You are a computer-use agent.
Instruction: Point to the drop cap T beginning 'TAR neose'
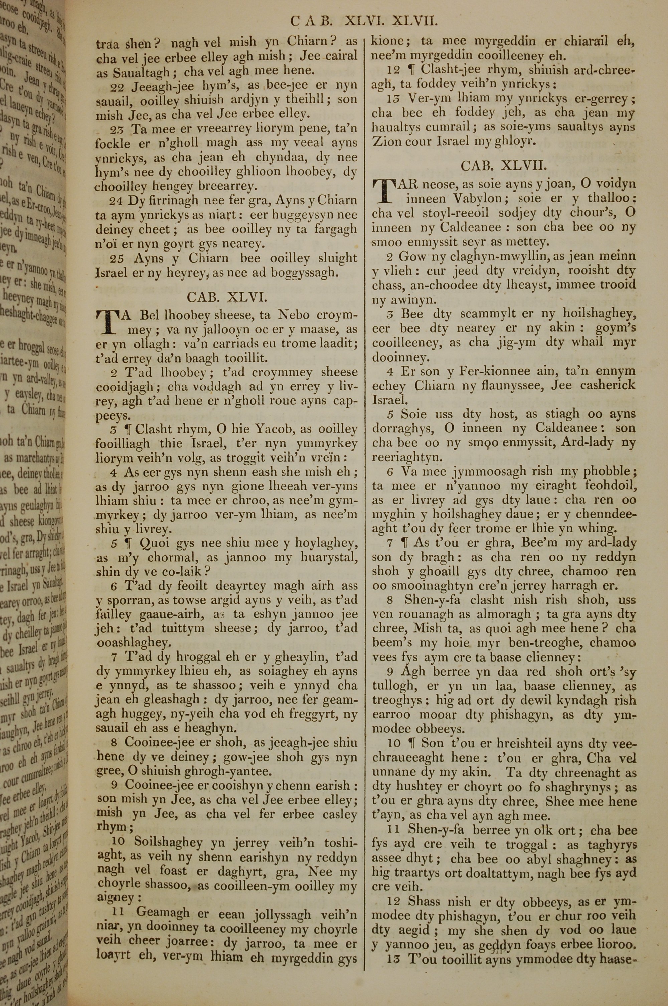click(382, 191)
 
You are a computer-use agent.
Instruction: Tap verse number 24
click(116, 200)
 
